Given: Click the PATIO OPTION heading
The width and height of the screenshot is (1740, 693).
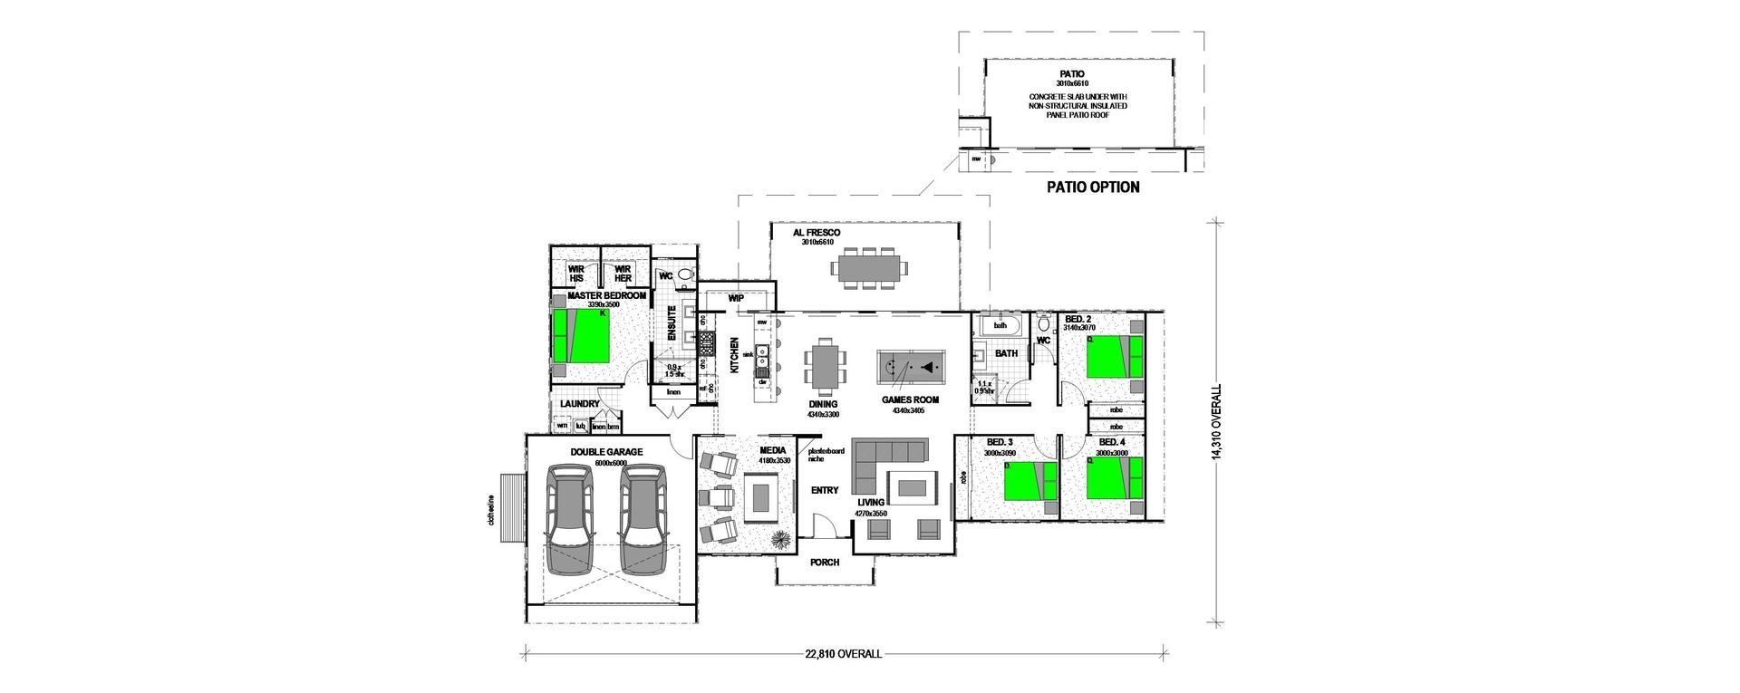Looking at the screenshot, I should [1092, 188].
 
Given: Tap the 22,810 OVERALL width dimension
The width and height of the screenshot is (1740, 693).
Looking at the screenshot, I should [843, 653].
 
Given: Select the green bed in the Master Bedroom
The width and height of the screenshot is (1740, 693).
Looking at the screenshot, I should [581, 334].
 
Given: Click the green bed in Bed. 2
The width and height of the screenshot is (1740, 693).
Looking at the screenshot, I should [1114, 356].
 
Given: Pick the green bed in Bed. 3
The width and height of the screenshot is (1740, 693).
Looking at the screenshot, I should [1029, 480].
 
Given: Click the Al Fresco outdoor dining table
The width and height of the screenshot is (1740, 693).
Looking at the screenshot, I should [868, 268].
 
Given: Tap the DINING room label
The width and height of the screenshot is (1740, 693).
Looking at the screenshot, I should [824, 404].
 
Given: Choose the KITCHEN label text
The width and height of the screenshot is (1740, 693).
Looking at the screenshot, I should [735, 356].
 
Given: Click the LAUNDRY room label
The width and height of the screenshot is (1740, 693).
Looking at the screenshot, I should [580, 404].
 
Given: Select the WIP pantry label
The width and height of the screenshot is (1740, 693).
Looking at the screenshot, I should [736, 298].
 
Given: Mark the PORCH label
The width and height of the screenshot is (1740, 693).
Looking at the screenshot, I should [825, 563].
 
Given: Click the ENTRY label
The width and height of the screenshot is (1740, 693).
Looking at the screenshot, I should [825, 490].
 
